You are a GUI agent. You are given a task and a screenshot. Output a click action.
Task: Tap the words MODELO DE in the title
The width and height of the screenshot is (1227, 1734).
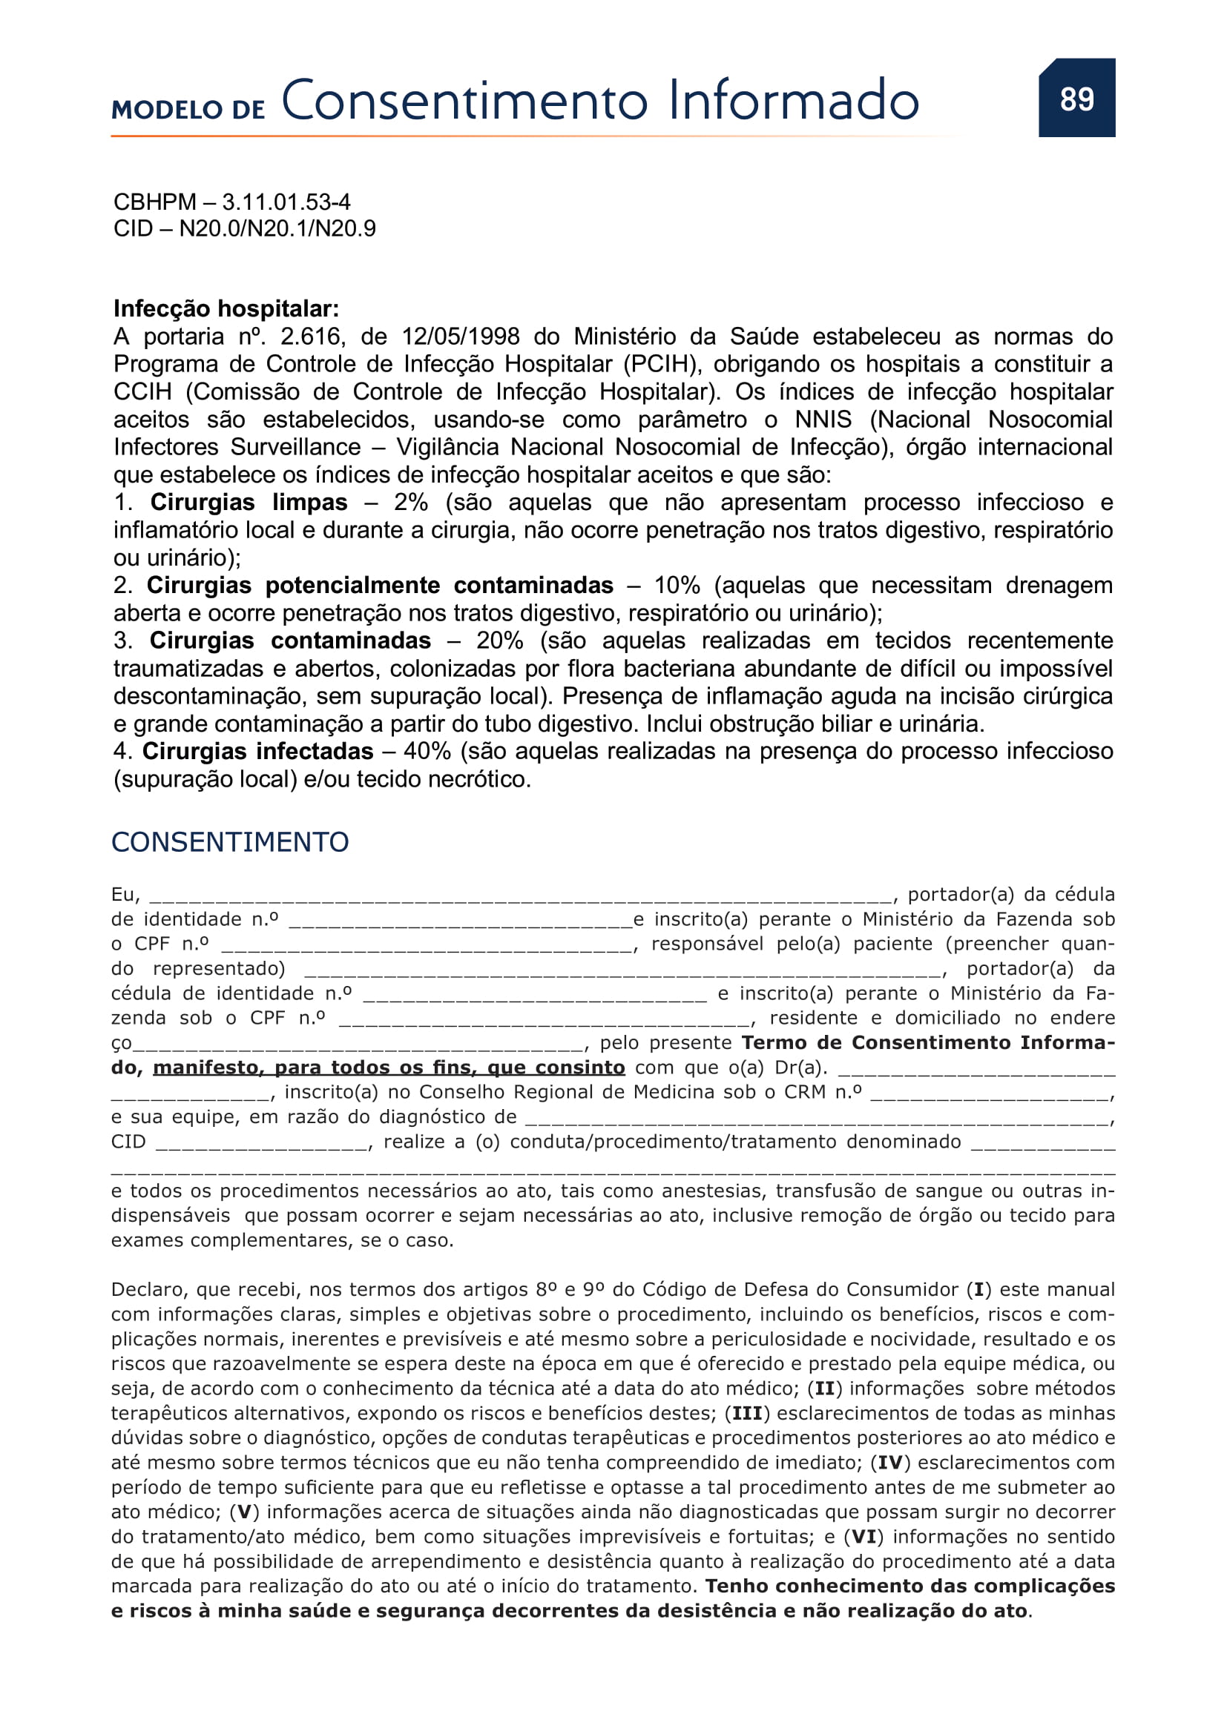click(188, 110)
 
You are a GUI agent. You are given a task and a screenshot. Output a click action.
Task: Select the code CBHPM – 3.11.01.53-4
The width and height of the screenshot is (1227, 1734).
click(232, 202)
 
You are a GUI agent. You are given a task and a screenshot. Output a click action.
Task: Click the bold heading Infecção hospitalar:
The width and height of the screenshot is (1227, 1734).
click(226, 308)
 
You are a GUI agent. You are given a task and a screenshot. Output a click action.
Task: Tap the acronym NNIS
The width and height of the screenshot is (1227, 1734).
click(823, 419)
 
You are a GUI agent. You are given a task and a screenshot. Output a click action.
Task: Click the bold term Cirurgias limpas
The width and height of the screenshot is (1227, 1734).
click(249, 502)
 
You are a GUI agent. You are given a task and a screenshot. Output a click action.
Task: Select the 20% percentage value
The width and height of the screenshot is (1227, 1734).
click(499, 641)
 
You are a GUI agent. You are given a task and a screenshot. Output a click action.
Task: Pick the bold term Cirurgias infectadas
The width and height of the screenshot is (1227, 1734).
click(257, 752)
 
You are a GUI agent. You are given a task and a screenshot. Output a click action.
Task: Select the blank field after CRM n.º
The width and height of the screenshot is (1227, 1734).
click(990, 1094)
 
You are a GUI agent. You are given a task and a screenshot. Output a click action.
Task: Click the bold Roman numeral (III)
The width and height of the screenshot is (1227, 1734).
click(747, 1413)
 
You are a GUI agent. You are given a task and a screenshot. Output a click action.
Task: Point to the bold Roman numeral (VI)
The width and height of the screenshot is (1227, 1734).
click(863, 1537)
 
